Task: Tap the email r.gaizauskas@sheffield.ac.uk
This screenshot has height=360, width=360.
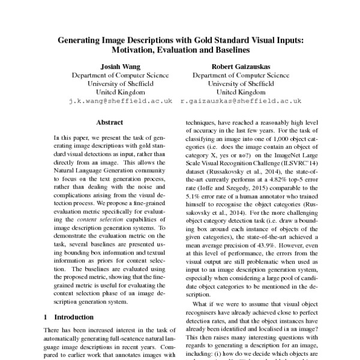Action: (240, 102)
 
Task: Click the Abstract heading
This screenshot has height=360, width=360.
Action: (109, 122)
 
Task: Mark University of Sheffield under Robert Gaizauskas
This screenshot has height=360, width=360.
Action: (240, 84)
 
